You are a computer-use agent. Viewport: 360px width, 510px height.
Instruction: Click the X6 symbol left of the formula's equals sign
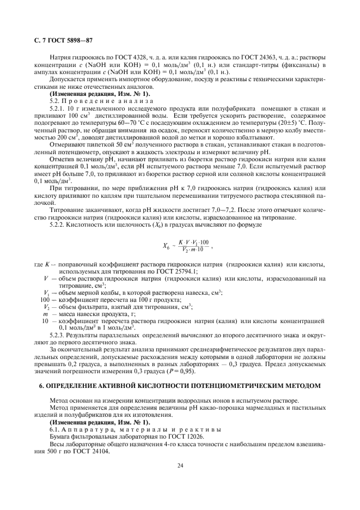(167, 246)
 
